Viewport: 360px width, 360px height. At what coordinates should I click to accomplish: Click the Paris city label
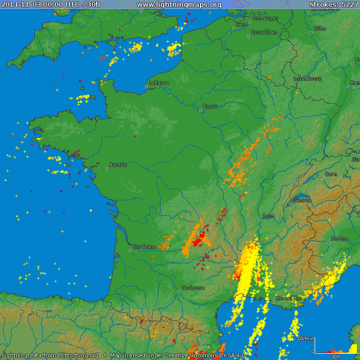(210, 106)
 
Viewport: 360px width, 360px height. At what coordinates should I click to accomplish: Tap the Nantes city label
(118, 165)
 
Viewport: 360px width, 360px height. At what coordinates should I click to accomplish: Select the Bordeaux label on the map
(144, 247)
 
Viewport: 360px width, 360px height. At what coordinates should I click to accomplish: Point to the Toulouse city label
(193, 288)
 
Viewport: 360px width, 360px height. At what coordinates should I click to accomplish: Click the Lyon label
(269, 216)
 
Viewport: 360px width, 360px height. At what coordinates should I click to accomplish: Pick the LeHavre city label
(159, 83)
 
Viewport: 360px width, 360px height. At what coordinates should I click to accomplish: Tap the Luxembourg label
(307, 79)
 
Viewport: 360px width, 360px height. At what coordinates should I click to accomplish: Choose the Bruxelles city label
(264, 32)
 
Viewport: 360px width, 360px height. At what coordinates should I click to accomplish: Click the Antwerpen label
(265, 18)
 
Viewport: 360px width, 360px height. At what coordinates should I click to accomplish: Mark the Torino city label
(339, 239)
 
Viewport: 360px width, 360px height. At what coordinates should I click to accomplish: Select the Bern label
(331, 174)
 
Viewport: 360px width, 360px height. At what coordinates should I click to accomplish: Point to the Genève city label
(303, 200)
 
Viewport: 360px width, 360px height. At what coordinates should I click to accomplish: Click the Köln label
(320, 29)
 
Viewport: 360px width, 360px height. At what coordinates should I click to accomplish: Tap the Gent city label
(242, 25)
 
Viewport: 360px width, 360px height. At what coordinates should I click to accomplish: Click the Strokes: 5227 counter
(333, 4)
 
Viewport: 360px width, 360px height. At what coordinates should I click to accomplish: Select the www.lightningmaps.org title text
(179, 4)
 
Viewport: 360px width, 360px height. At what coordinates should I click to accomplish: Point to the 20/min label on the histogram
(305, 339)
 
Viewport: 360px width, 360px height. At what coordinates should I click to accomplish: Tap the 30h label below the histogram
(336, 356)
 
